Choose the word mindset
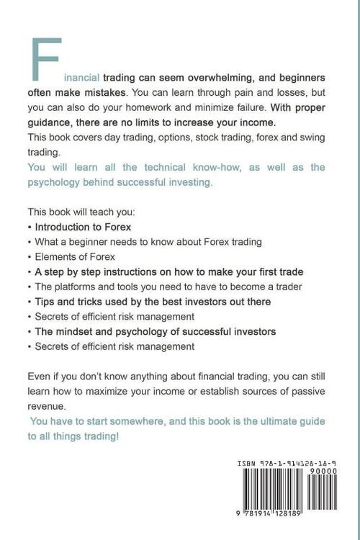click(76, 331)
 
